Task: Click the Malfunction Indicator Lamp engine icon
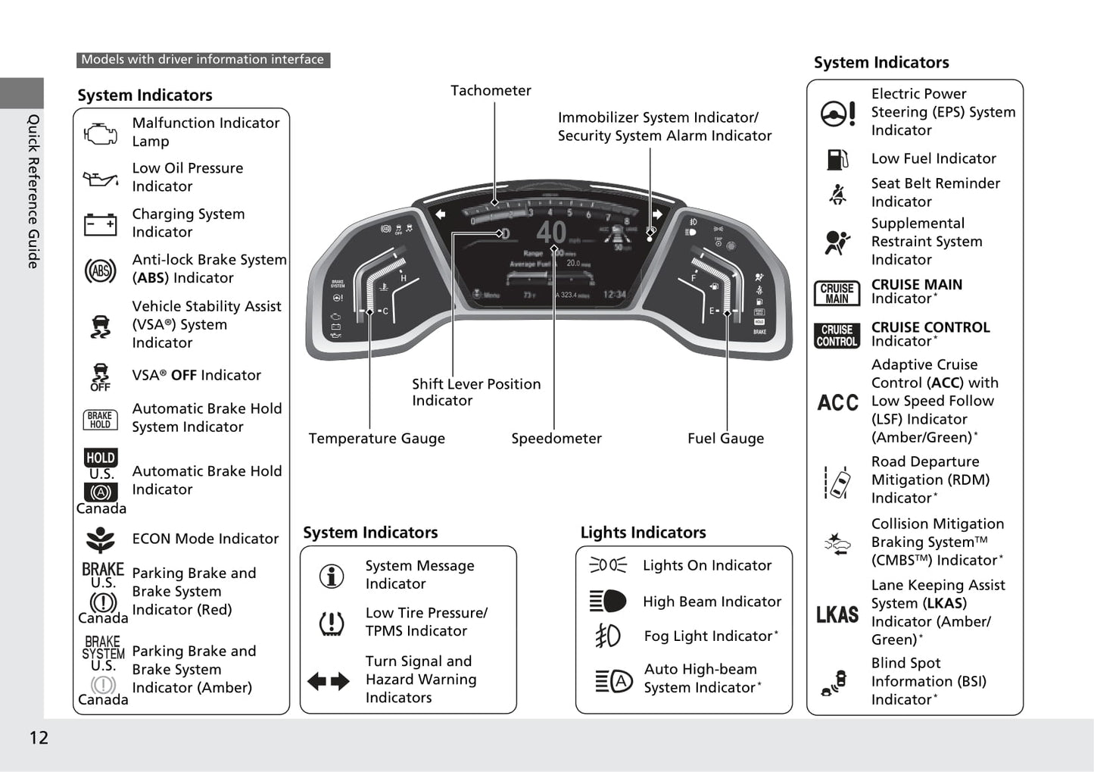(101, 134)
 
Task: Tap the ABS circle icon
(100, 270)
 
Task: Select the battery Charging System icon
(100, 224)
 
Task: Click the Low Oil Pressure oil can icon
(101, 180)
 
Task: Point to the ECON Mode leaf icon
(100, 539)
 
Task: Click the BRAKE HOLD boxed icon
(100, 420)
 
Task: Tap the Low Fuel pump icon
(837, 159)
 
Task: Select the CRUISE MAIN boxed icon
(837, 293)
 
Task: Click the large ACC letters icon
(837, 402)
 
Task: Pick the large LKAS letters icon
(837, 614)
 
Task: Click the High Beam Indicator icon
(608, 602)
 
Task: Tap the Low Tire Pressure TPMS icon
(332, 623)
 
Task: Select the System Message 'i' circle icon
(332, 576)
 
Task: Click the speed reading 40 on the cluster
(550, 232)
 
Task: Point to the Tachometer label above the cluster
(491, 91)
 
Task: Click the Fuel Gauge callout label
(725, 439)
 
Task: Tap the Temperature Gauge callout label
(376, 439)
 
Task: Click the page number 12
(39, 738)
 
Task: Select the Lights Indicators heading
(643, 533)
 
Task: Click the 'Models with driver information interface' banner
(202, 60)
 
